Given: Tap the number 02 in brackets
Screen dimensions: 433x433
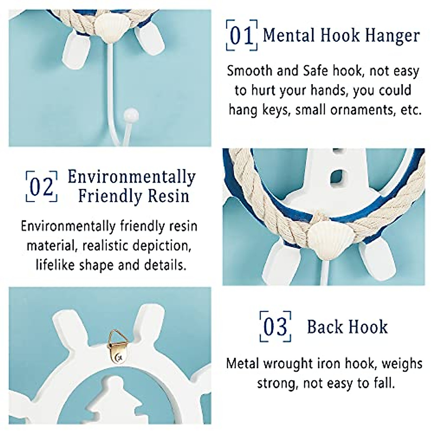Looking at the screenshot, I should [41, 187].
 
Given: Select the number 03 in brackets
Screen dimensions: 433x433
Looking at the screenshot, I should [275, 327].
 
